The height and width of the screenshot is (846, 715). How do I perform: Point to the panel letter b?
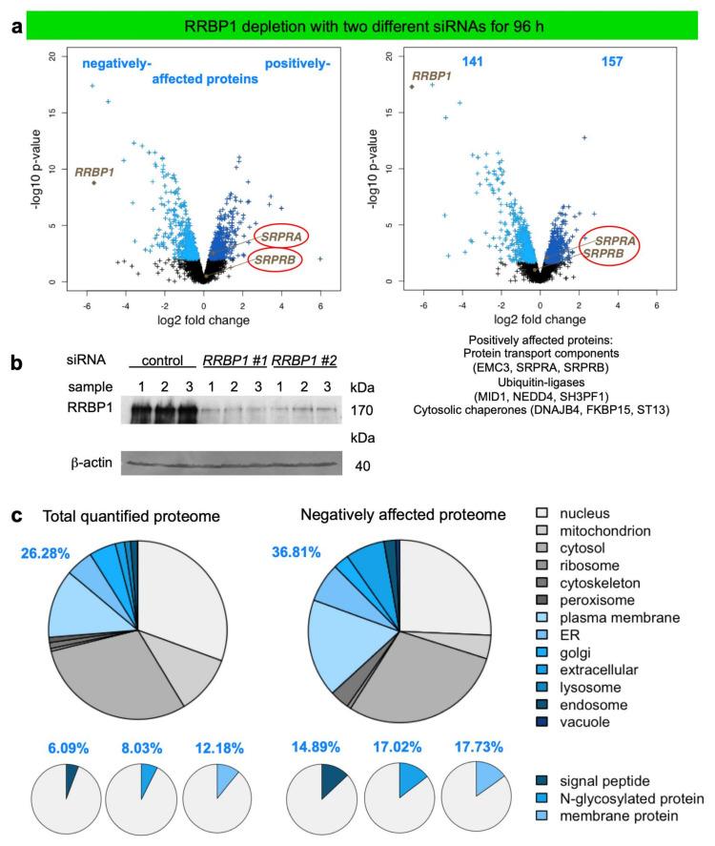tap(14, 363)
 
